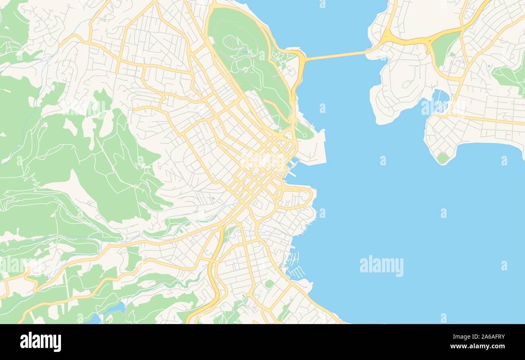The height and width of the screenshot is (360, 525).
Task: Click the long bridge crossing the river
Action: (335, 56)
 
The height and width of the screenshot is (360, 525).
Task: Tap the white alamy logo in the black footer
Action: (40, 341)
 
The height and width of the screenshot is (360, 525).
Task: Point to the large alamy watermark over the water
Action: (381, 266)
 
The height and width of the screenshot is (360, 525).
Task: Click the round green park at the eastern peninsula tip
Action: (443, 157)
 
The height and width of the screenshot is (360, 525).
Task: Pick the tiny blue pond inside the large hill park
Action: (245, 52)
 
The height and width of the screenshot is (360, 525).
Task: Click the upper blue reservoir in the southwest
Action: (115, 308)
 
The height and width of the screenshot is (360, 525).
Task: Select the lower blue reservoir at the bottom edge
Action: (94, 319)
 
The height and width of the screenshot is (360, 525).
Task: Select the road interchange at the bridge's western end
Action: (301, 61)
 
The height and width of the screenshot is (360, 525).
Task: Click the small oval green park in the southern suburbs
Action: (269, 284)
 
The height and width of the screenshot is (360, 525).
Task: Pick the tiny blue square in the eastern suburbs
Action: (489, 66)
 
